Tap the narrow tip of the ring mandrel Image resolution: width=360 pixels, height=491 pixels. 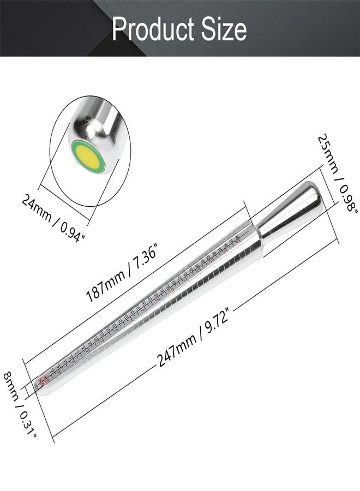point(40,384)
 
